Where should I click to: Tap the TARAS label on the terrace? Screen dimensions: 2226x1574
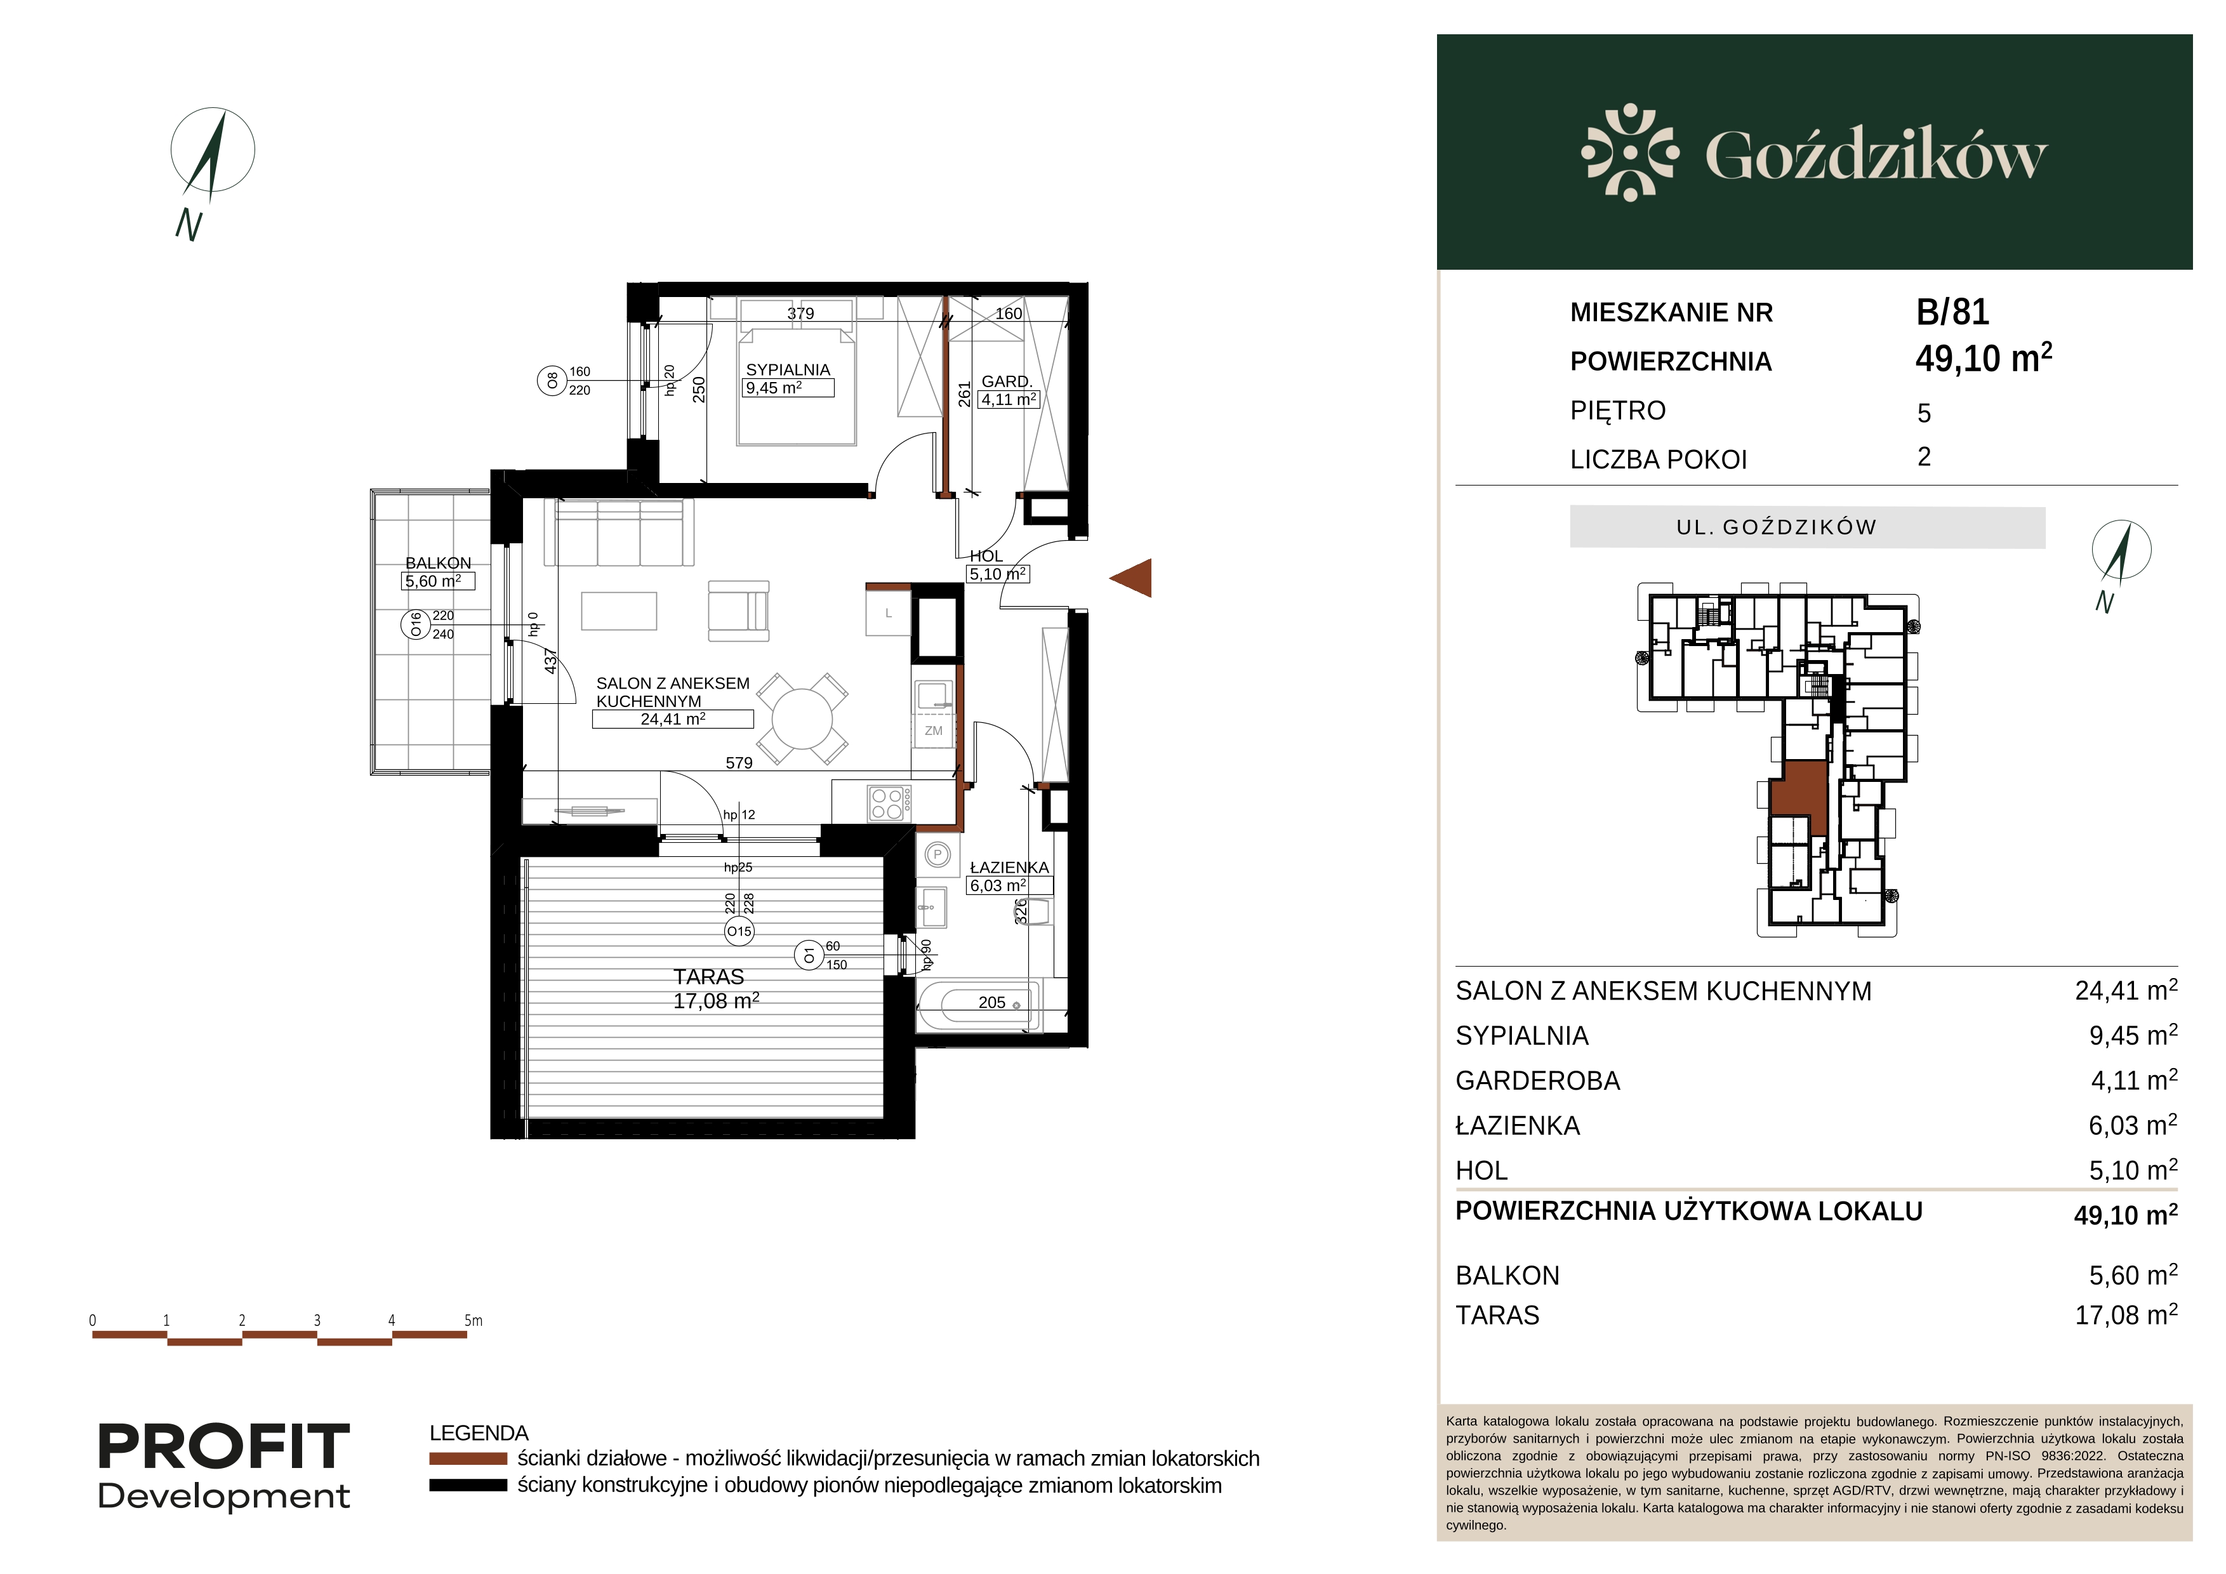pyautogui.click(x=709, y=977)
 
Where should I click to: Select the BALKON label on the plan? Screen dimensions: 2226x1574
pyautogui.click(x=438, y=563)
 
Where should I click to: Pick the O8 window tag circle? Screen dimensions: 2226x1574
pyautogui.click(x=552, y=381)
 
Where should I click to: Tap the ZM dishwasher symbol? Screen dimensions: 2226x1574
pyautogui.click(x=934, y=731)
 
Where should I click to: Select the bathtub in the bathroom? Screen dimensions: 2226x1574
pyautogui.click(x=977, y=1005)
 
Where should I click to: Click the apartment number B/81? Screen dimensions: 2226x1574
pyautogui.click(x=1952, y=312)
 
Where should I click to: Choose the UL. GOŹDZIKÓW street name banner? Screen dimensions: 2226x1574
pyautogui.click(x=1807, y=527)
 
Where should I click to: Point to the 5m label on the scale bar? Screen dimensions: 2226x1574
pyautogui.click(x=473, y=1320)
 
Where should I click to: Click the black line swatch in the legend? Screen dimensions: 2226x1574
pyautogui.click(x=468, y=1486)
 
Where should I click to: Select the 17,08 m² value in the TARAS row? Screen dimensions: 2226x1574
pyautogui.click(x=2126, y=1315)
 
